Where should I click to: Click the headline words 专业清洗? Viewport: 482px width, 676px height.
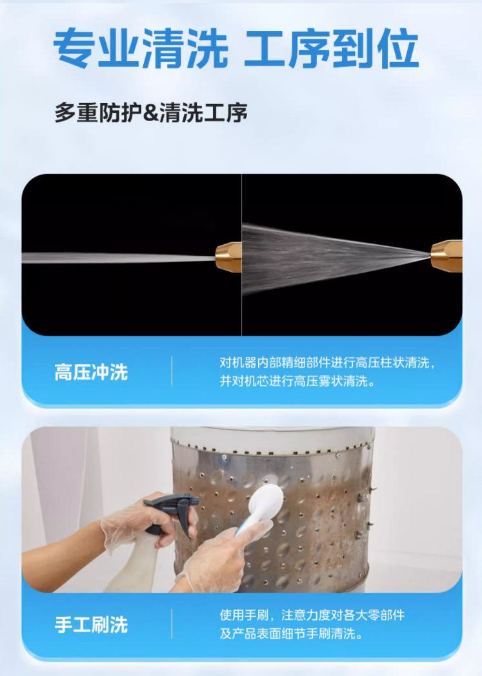pos(140,48)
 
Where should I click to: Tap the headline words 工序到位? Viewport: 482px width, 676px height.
pos(332,48)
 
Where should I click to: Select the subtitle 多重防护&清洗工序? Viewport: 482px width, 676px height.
pos(151,113)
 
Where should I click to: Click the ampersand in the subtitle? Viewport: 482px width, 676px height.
pos(151,113)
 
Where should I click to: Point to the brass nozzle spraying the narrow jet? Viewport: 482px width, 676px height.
pos(228,257)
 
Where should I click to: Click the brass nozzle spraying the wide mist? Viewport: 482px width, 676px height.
pos(446,256)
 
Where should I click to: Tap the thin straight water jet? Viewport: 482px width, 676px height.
pos(119,258)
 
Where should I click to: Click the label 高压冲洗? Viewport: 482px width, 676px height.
pos(91,372)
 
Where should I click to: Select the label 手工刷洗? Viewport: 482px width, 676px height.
pos(91,624)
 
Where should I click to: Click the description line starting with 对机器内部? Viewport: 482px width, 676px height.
pos(328,363)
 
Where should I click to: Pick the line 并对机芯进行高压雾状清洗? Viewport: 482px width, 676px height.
pos(297,381)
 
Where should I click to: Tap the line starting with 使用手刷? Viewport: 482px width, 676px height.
pos(312,615)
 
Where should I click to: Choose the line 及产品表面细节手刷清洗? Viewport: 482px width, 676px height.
pos(291,633)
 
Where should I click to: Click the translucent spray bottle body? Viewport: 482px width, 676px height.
pos(130,565)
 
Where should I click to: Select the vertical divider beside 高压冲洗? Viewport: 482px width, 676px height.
pos(172,371)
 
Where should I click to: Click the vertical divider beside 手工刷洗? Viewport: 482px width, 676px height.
pos(172,624)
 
